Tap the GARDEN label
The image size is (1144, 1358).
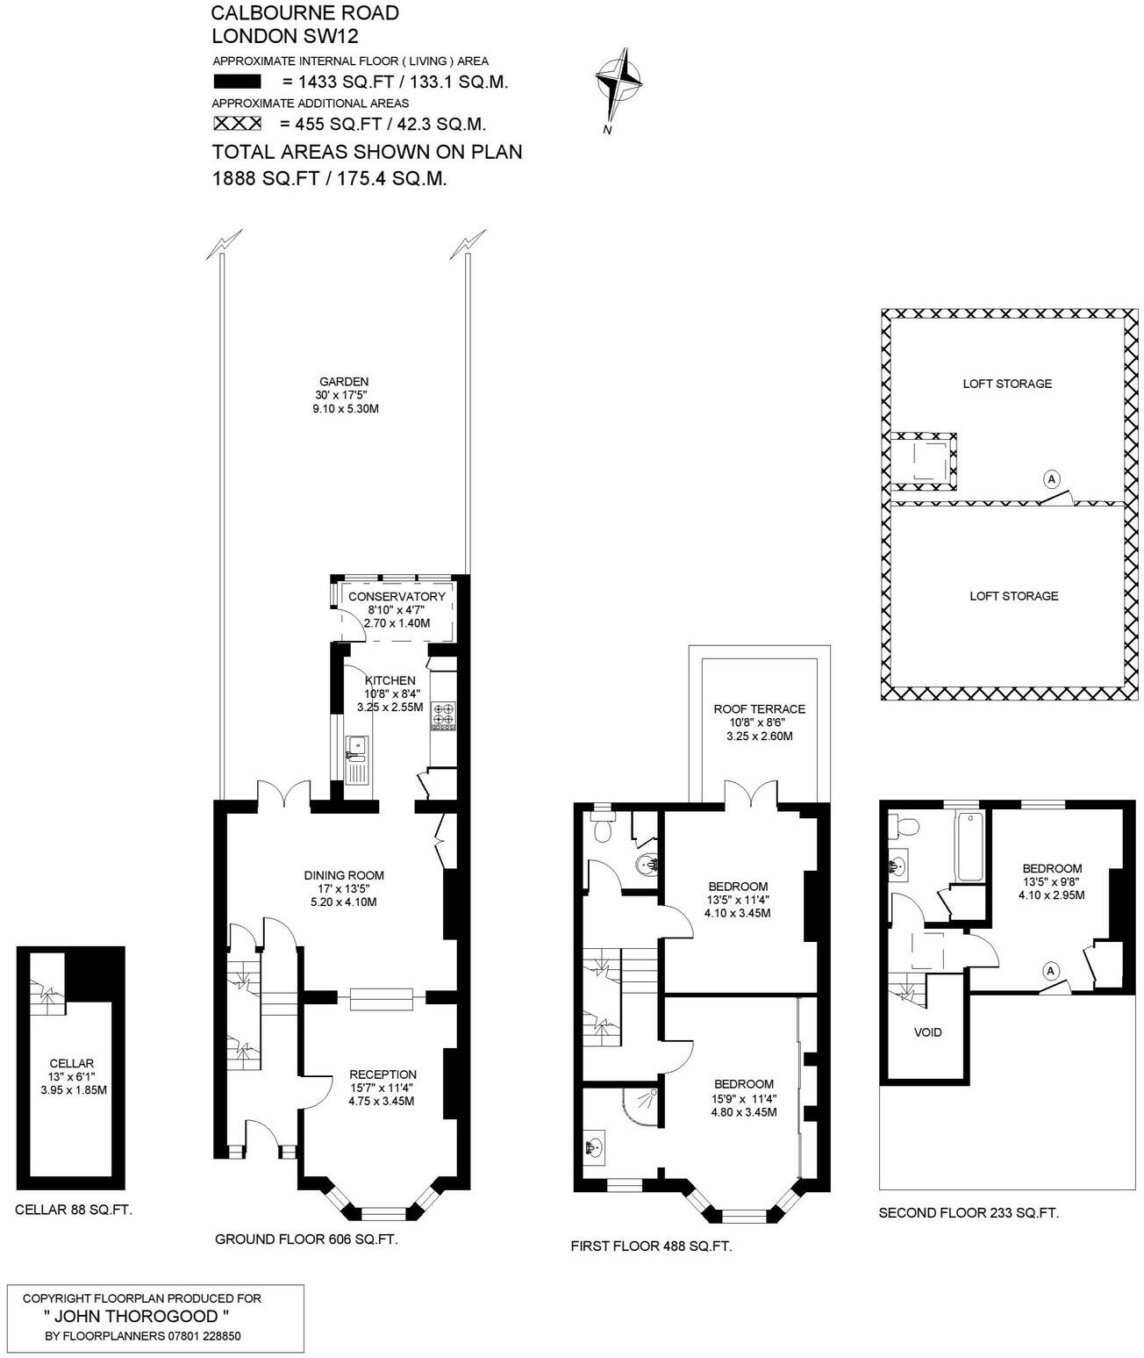pos(343,382)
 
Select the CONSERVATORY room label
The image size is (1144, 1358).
pos(397,597)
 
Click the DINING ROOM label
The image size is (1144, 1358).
pos(344,875)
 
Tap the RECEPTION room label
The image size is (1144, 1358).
pos(383,1074)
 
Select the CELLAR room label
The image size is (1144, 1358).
pos(72,1064)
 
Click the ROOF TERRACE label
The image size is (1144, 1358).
pos(759,709)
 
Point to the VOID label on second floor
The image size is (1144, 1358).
pos(927,1032)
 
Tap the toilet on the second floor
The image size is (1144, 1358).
pos(904,826)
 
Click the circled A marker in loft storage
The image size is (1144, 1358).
pos(1052,479)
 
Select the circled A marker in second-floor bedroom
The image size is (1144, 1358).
pos(1048,971)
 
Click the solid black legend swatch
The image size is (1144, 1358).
pos(237,82)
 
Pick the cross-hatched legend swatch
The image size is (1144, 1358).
pos(237,124)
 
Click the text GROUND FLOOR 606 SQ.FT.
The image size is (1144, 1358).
pos(306,1239)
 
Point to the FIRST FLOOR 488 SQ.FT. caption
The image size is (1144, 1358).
pos(651,1246)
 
